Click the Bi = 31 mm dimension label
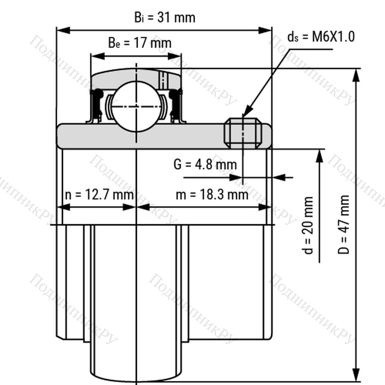(165, 18)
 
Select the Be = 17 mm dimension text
(140, 43)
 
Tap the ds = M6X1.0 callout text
(321, 37)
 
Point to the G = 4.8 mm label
(205, 164)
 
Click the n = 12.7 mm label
(99, 195)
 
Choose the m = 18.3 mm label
(212, 195)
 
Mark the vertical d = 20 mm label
(308, 225)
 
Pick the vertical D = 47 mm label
(344, 225)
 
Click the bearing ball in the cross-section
(136, 107)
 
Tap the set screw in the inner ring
(243, 133)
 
